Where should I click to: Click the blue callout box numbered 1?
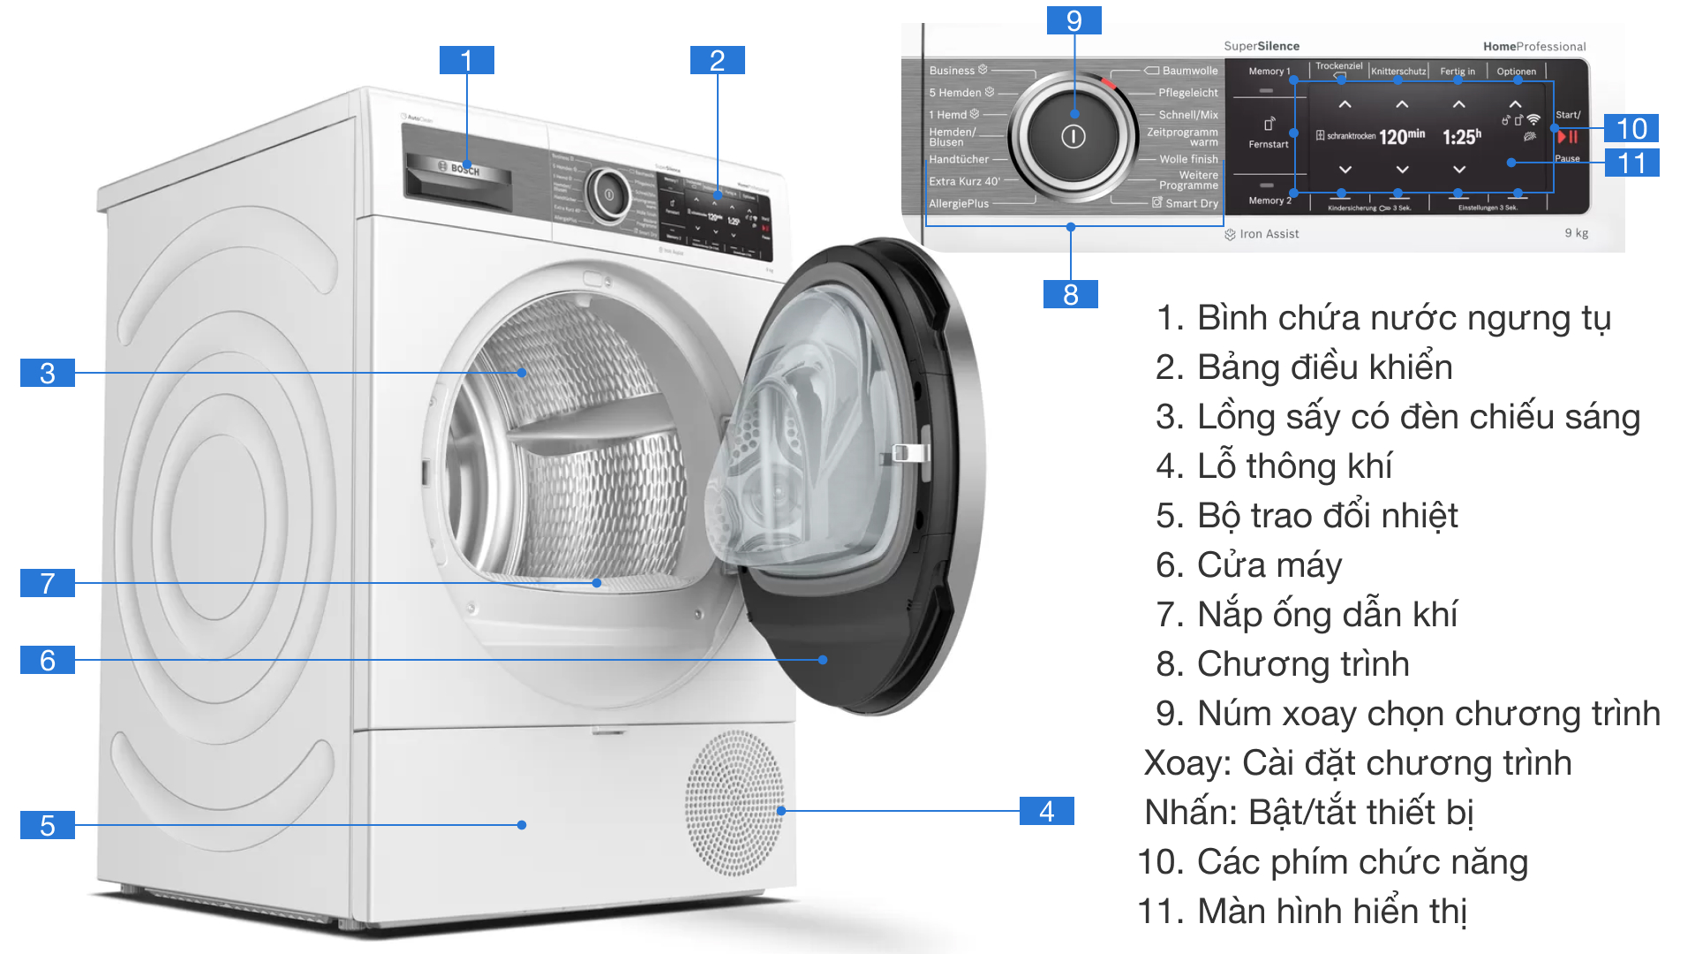(466, 60)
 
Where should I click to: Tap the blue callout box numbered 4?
(1046, 810)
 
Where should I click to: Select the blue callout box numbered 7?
(48, 583)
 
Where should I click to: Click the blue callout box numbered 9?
(1073, 19)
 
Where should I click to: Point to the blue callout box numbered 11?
(1631, 163)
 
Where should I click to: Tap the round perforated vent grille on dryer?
(734, 802)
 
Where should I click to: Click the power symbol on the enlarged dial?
(1073, 137)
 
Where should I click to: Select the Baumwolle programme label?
(1189, 71)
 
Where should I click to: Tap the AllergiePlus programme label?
(959, 203)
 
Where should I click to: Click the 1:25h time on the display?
(1461, 137)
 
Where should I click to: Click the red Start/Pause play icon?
(1567, 137)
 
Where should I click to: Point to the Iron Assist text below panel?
(1269, 234)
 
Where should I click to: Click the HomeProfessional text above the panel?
(1534, 46)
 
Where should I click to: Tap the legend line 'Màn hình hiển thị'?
(1302, 911)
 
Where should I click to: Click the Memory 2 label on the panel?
(1269, 201)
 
